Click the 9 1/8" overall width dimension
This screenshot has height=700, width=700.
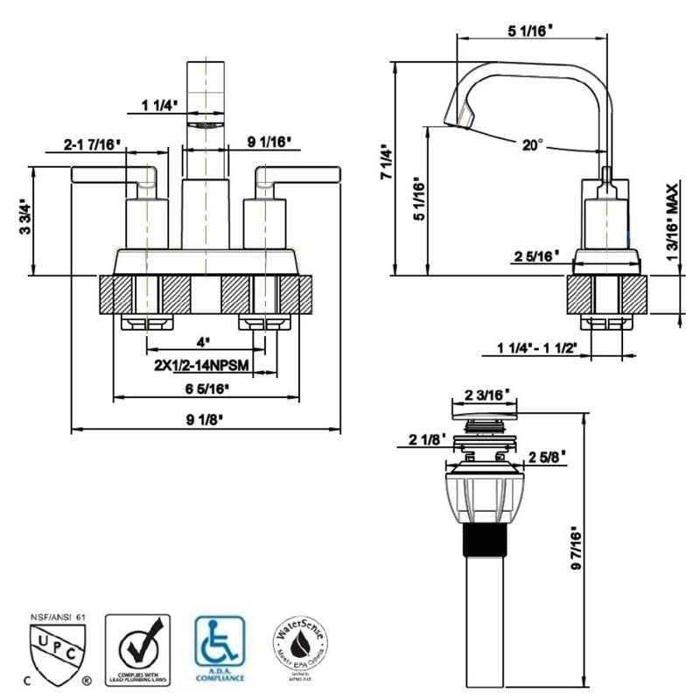[206, 419]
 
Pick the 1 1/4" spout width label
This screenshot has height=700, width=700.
[159, 107]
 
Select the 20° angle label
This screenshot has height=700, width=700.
[533, 146]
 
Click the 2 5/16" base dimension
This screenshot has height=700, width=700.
[535, 255]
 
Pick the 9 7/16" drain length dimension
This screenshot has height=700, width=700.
[574, 549]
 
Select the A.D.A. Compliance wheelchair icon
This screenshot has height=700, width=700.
[220, 647]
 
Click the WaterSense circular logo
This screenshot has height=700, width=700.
[304, 648]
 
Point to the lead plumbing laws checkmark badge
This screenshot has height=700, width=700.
[136, 647]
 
